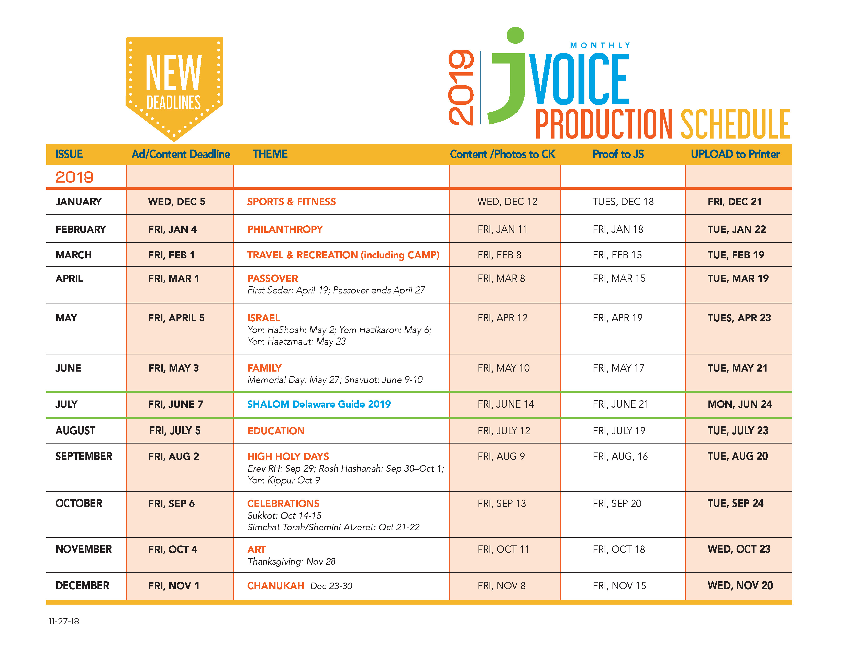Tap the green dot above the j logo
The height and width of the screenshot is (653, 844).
tap(515, 35)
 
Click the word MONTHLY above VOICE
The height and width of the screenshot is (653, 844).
tap(600, 45)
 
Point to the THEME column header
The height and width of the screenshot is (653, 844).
tap(270, 154)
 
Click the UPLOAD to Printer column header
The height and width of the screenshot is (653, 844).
tap(735, 154)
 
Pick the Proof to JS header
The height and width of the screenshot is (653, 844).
tap(618, 154)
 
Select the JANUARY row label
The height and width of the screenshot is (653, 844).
tap(79, 202)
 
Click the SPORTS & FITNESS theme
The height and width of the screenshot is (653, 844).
tap(291, 202)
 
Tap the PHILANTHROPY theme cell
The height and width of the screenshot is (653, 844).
tap(285, 229)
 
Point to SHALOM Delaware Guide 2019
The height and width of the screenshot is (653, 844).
tap(319, 404)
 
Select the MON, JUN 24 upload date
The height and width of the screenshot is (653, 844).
tap(740, 404)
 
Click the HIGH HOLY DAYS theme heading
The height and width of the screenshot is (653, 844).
tap(288, 457)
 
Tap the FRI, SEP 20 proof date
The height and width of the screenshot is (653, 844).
tap(617, 504)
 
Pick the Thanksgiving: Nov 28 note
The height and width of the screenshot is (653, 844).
tap(291, 562)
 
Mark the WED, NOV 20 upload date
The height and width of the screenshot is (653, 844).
tap(740, 586)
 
